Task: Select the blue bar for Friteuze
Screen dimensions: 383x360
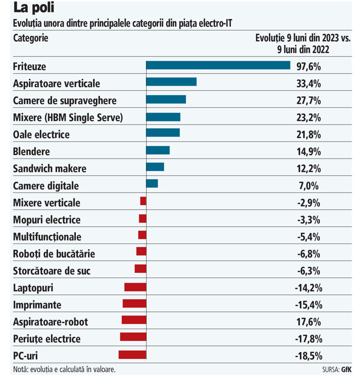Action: pos(218,65)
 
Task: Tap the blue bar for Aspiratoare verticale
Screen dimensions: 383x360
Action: pos(171,82)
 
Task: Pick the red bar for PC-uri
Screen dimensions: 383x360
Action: pos(132,355)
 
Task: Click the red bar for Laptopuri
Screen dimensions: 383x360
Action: pos(135,287)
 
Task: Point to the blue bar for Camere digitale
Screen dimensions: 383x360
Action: pos(152,184)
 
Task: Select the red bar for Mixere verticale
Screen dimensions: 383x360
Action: pos(143,201)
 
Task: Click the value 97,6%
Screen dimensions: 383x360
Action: pos(309,66)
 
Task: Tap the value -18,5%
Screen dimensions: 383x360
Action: pos(308,356)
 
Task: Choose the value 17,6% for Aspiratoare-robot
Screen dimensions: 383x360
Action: pos(309,322)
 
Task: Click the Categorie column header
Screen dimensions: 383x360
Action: pos(31,39)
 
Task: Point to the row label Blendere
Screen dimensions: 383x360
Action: pos(31,152)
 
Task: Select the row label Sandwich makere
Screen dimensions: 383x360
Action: pos(49,169)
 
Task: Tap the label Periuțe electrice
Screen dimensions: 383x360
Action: pos(47,339)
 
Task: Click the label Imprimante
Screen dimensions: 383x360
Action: pos(37,305)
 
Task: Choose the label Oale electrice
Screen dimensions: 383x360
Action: pos(41,135)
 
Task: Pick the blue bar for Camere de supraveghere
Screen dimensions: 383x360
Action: pos(166,99)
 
